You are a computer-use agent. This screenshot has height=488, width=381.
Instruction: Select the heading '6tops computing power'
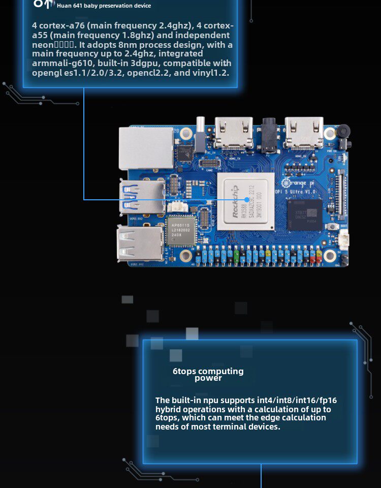click(x=208, y=374)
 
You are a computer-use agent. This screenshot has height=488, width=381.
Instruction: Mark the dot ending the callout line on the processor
click(x=246, y=200)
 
